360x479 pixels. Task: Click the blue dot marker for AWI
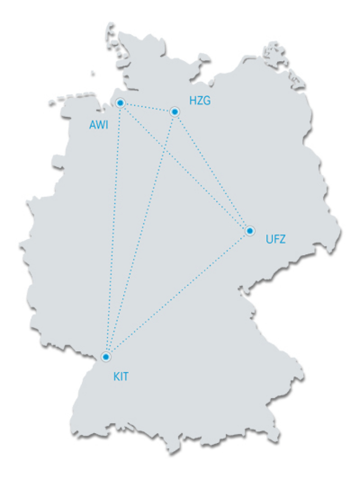[x=120, y=103]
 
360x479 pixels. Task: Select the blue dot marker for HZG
[x=175, y=112]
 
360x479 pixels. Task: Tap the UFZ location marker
[x=250, y=230]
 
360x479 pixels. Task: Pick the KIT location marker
[x=106, y=356]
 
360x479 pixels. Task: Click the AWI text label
[x=99, y=125]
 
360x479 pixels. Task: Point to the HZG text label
[x=200, y=101]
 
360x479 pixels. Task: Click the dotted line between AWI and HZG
[x=147, y=107]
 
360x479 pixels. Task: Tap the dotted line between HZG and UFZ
[x=212, y=171]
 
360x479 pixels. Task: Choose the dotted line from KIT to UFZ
[x=178, y=293]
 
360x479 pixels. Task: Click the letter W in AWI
[x=99, y=125]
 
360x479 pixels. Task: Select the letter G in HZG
[x=206, y=101]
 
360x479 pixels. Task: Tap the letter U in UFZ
[x=269, y=239]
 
